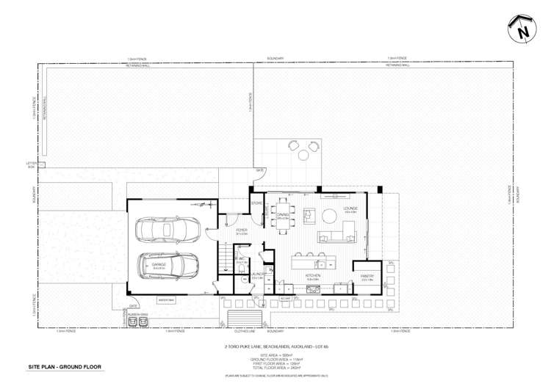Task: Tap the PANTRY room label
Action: [x=367, y=277]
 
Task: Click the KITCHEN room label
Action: [x=312, y=277]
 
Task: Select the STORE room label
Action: [x=257, y=203]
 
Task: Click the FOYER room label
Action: [x=241, y=230]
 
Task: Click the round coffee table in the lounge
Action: [x=309, y=215]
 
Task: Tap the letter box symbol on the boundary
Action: [x=32, y=164]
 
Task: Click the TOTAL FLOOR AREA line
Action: [x=276, y=368]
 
